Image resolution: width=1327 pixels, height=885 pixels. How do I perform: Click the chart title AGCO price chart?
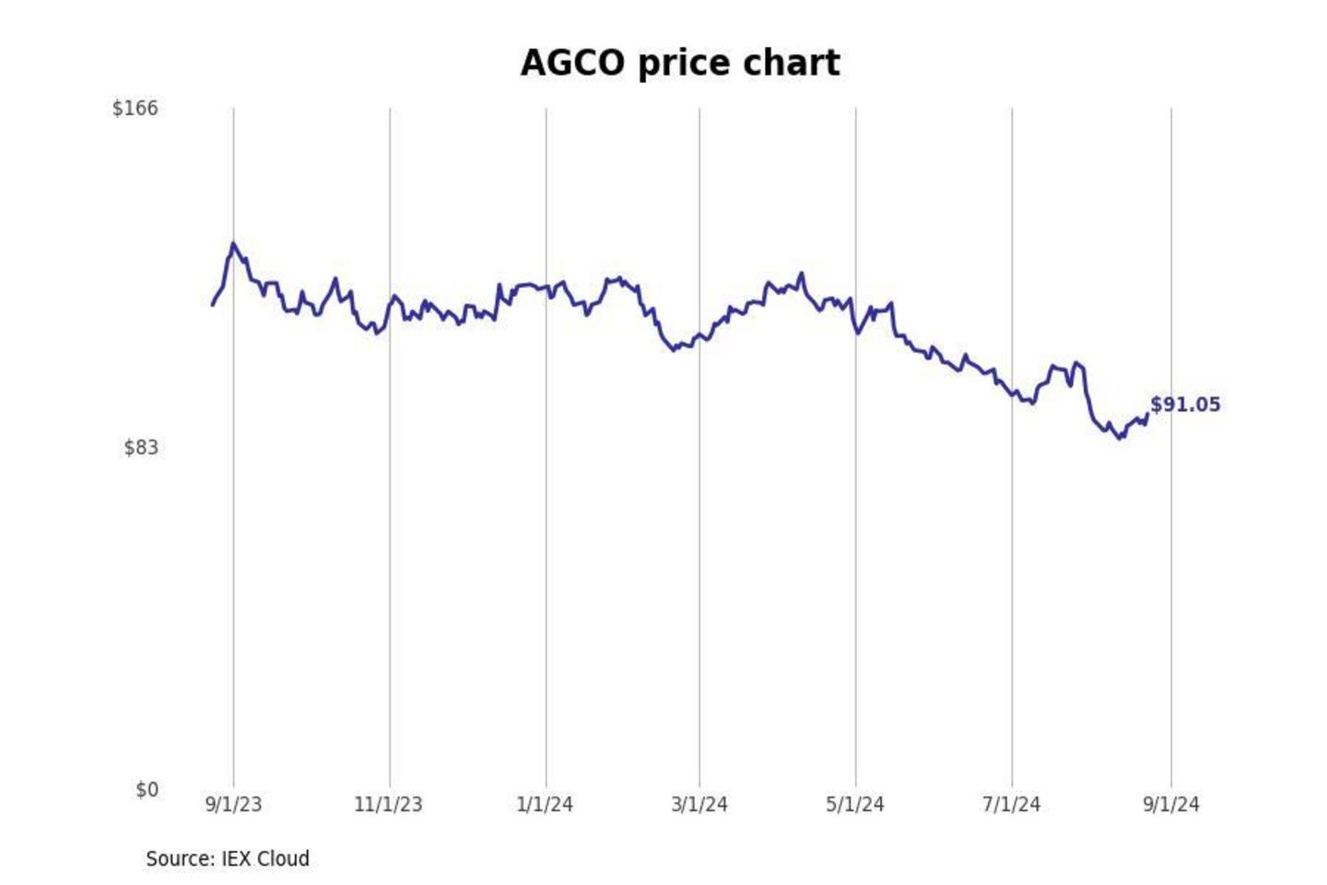tap(680, 64)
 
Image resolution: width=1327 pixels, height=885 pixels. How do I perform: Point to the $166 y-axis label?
tap(135, 109)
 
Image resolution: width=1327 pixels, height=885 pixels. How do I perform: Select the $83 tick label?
tap(141, 448)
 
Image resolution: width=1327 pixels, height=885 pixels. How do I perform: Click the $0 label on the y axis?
tap(147, 790)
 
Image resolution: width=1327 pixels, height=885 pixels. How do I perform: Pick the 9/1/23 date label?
tap(233, 805)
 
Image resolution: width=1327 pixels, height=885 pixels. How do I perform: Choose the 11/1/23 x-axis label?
tap(388, 805)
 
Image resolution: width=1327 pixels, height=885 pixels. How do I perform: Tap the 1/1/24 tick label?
tap(545, 805)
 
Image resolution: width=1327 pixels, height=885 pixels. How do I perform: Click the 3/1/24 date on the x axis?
tap(699, 805)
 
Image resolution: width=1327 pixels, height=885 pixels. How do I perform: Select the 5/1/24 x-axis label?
tap(855, 805)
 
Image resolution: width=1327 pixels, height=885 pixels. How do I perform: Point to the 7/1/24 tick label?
tap(1011, 805)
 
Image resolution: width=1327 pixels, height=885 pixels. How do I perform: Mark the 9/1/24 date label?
tap(1171, 805)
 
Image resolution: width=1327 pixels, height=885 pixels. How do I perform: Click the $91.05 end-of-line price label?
tap(1185, 405)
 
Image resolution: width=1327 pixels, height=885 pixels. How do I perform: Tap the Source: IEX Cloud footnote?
tap(228, 859)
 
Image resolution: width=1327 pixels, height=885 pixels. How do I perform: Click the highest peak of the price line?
tap(233, 244)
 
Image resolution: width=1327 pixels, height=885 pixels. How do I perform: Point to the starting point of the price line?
tap(213, 304)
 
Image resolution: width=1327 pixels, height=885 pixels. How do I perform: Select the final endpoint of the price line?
tap(1147, 414)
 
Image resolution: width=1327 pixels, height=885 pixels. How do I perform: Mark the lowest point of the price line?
tap(1121, 438)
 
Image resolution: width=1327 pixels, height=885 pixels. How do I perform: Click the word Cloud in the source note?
tap(283, 859)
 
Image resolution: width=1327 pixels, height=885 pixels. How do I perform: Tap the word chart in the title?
tap(792, 64)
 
